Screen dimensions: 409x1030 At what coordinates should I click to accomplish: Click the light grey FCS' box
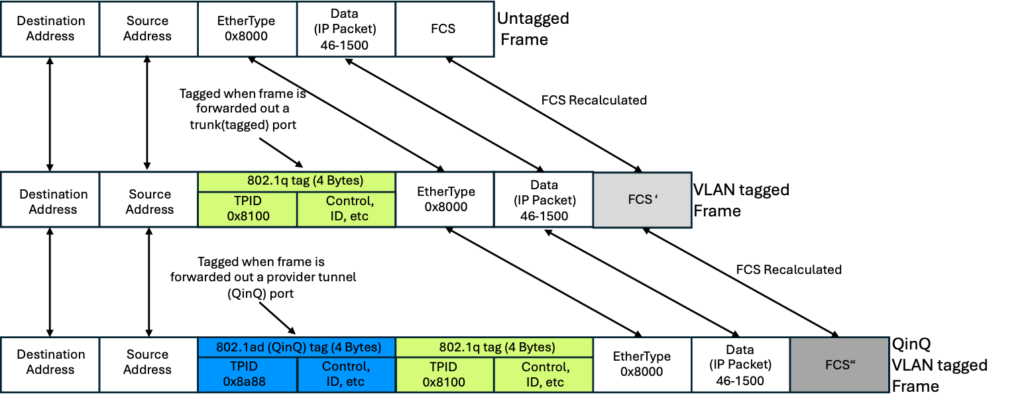pos(642,200)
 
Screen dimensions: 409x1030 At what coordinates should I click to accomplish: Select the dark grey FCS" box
pos(839,365)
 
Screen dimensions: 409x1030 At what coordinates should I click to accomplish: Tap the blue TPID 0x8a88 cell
pos(247,374)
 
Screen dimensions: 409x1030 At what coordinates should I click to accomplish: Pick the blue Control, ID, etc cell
pos(346,374)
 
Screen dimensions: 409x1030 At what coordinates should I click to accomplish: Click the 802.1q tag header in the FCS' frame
pos(296,182)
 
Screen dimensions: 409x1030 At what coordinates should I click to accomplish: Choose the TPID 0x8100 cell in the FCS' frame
pos(247,209)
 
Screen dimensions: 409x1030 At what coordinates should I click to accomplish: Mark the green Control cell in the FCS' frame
pos(346,209)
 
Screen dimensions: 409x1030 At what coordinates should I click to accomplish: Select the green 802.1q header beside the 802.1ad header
pos(494,347)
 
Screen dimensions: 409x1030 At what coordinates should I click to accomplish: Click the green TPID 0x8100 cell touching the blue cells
pos(445,374)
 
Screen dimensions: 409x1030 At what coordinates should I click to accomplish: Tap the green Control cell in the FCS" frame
pos(544,374)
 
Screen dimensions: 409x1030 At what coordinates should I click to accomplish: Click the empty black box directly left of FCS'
pos(543,200)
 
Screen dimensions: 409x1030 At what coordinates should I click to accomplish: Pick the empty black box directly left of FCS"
pos(740,365)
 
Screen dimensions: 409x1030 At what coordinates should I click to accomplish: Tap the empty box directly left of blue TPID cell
pos(148,365)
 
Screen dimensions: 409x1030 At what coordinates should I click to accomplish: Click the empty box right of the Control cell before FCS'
pos(444,200)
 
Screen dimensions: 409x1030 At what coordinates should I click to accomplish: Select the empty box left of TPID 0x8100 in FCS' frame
pos(148,200)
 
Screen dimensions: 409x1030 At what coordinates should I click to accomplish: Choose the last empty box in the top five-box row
pos(445,28)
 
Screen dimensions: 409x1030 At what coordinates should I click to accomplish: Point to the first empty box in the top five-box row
pos(50,28)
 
